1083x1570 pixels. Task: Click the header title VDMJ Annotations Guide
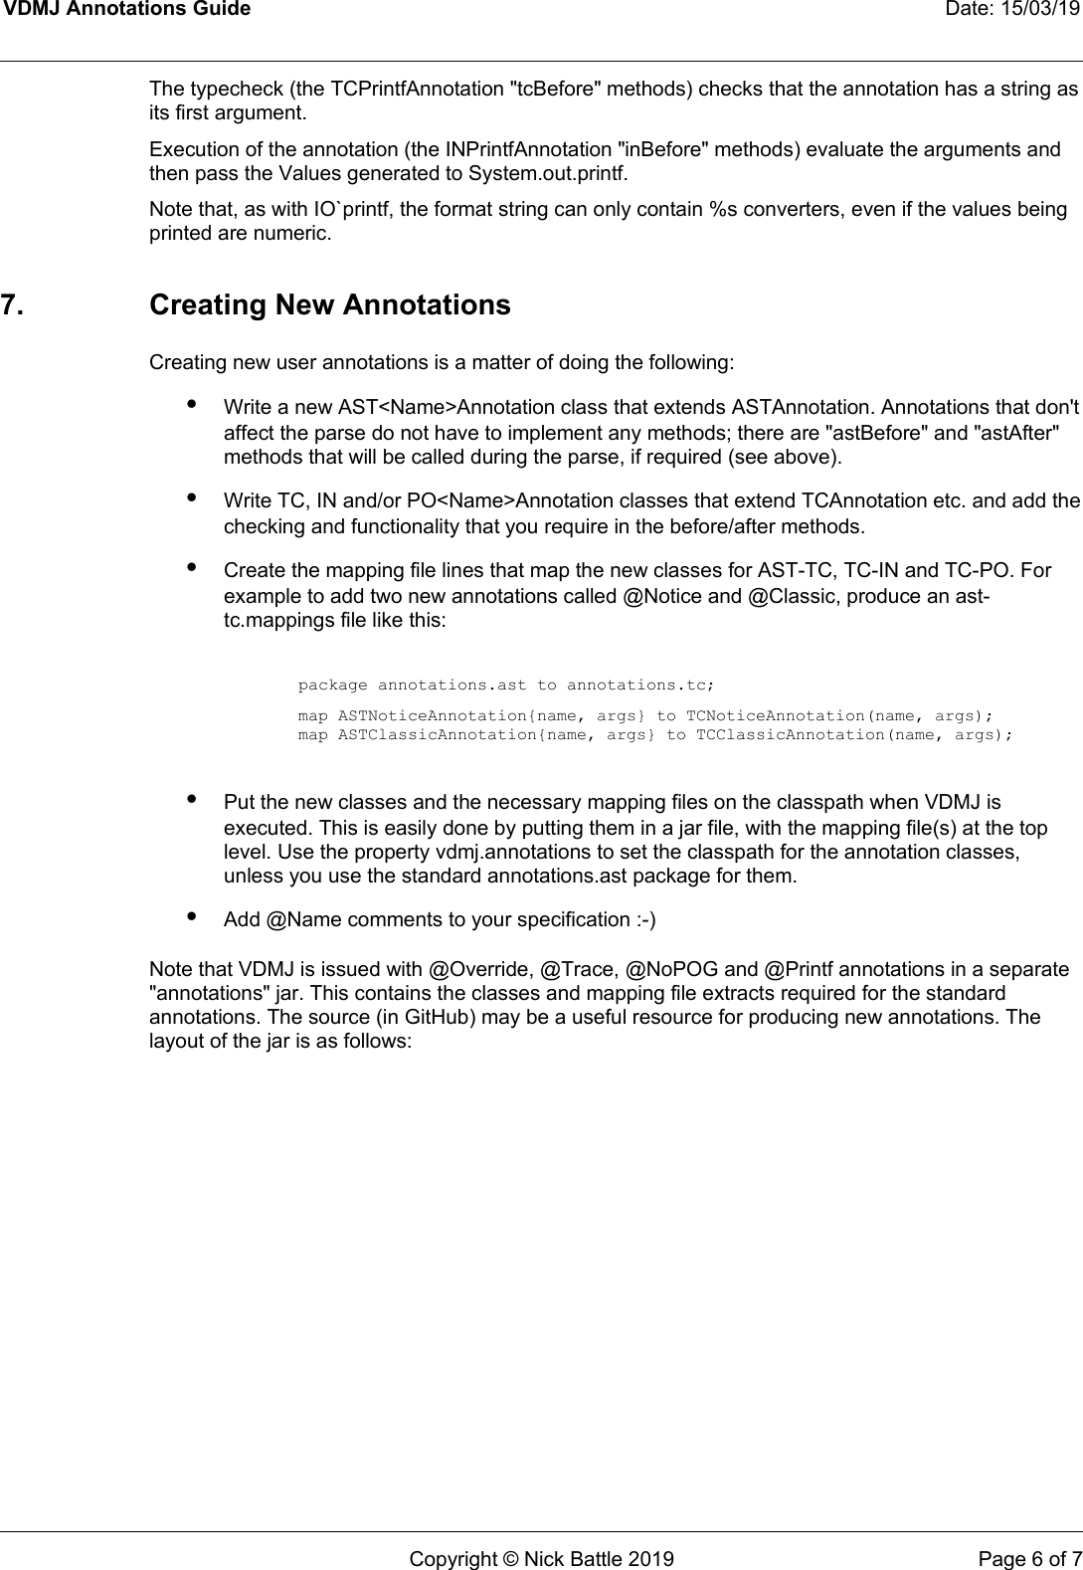coord(125,10)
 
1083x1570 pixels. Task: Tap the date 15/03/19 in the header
coord(1045,10)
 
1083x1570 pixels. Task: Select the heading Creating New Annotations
coord(329,305)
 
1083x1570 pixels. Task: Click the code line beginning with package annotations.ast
coord(505,686)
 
